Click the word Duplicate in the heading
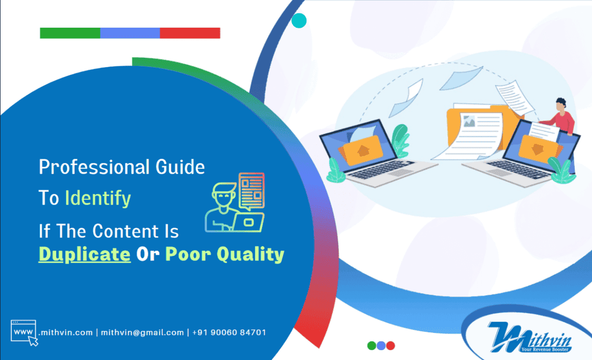click(84, 254)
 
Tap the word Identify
click(98, 198)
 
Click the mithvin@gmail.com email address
click(142, 332)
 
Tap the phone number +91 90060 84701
click(229, 332)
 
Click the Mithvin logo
click(530, 337)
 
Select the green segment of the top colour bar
click(70, 33)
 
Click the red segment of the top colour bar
click(190, 33)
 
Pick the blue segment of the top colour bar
click(130, 33)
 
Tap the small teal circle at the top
click(299, 21)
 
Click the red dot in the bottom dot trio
click(391, 346)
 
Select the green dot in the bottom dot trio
click(372, 346)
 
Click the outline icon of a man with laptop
click(235, 202)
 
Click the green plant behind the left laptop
click(401, 140)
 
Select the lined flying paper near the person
click(515, 98)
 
